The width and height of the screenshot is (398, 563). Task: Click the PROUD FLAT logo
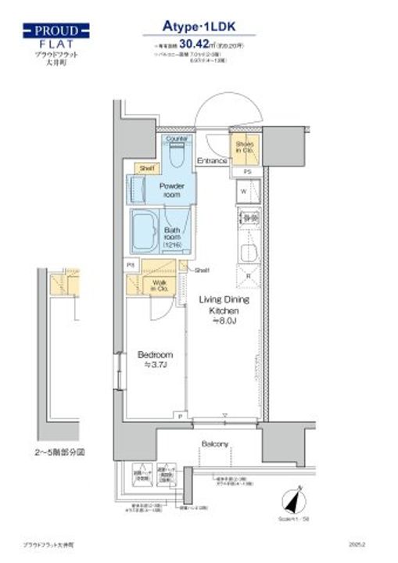click(x=56, y=38)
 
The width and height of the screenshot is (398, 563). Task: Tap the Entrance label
click(x=211, y=161)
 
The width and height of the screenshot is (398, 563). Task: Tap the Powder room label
click(x=171, y=190)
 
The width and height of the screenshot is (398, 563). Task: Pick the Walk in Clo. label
click(x=160, y=285)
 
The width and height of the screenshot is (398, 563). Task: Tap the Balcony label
click(x=215, y=444)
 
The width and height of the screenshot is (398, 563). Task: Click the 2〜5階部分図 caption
click(x=59, y=452)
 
